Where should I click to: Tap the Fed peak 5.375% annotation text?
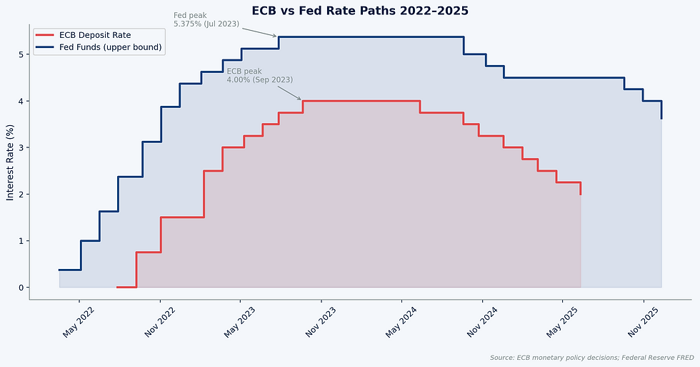206,19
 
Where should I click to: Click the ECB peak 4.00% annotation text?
260,76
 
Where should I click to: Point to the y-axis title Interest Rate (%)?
10,162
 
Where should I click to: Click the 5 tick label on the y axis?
21,54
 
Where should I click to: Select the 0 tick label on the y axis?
21,288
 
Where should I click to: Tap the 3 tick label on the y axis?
21,147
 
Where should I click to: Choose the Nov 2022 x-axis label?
159,322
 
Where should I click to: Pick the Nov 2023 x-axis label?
321,322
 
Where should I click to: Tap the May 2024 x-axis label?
401,322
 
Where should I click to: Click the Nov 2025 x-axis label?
643,322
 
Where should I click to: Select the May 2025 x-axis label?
562,322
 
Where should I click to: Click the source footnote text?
592,358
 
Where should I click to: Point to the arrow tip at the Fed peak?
278,36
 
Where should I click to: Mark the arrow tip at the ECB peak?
301,100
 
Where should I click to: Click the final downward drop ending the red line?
580,188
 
